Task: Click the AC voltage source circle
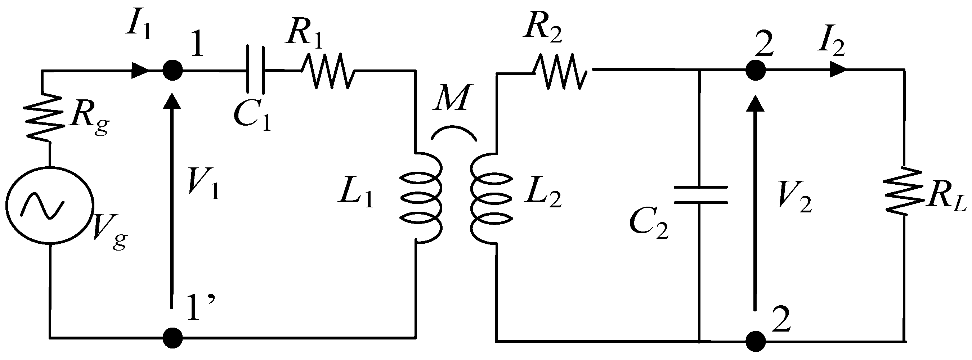pyautogui.click(x=49, y=205)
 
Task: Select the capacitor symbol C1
pyautogui.click(x=255, y=70)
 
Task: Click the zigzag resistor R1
pyautogui.click(x=328, y=71)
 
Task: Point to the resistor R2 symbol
pyautogui.click(x=560, y=71)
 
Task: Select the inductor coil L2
pyautogui.click(x=491, y=198)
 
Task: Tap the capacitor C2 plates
pyautogui.click(x=700, y=195)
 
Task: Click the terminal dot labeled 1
pyautogui.click(x=173, y=70)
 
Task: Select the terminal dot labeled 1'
pyautogui.click(x=173, y=337)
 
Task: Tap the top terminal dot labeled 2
pyautogui.click(x=756, y=70)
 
